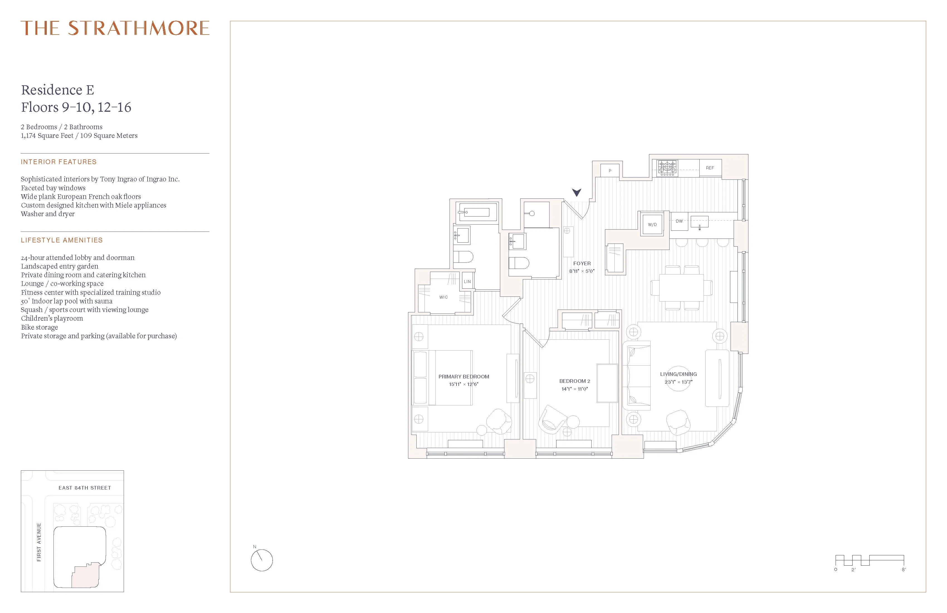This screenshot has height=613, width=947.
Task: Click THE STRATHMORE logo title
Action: tap(115, 28)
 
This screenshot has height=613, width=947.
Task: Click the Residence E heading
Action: tap(58, 90)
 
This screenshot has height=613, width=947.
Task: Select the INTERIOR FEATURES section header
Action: tap(59, 162)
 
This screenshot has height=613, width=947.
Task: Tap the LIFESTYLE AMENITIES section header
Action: tap(62, 240)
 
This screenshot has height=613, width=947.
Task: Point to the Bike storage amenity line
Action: tap(39, 327)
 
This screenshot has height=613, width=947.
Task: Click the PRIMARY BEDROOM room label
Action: tap(463, 376)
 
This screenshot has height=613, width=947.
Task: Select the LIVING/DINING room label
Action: tap(678, 374)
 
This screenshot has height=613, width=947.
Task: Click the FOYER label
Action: tap(582, 264)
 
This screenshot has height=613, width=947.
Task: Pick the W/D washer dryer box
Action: tap(652, 225)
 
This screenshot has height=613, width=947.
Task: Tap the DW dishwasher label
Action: tap(679, 221)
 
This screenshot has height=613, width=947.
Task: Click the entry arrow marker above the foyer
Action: tap(577, 193)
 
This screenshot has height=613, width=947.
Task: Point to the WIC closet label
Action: tap(443, 297)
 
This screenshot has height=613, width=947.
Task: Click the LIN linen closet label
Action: tap(467, 281)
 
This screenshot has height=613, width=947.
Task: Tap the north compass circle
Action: tap(262, 560)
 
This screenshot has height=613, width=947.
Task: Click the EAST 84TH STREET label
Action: tap(85, 488)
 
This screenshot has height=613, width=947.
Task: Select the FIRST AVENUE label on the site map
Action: tap(39, 542)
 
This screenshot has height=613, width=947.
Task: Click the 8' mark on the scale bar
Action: tap(904, 570)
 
